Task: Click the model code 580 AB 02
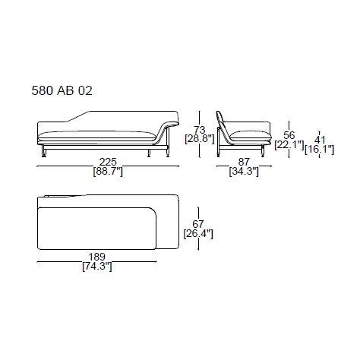(62, 90)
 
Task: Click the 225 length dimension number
(108, 162)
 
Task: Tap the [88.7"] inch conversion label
(108, 172)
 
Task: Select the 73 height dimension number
(200, 130)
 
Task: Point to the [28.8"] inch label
(200, 139)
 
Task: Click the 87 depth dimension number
(244, 162)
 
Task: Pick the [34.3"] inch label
(244, 172)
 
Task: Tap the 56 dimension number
(289, 135)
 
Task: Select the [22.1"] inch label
(289, 145)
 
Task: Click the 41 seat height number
(320, 140)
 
